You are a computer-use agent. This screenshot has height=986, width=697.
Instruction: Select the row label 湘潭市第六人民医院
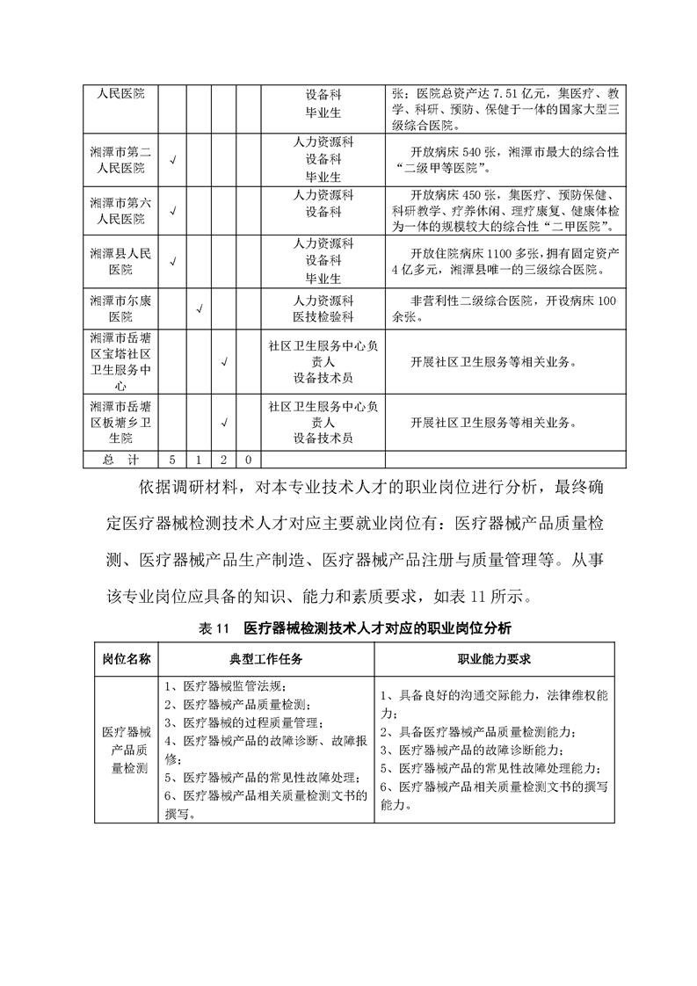pos(121,210)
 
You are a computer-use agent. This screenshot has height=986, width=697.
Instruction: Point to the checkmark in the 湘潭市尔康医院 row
pos(200,308)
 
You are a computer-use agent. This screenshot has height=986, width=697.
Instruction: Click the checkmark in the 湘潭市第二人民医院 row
pos(173,160)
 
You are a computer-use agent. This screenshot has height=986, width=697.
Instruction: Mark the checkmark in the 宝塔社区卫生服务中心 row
pos(225,360)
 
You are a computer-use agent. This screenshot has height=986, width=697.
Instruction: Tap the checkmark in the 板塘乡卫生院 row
pos(225,422)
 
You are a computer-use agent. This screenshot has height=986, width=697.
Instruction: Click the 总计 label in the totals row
pos(120,460)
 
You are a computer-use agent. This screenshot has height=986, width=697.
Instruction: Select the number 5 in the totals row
pos(173,460)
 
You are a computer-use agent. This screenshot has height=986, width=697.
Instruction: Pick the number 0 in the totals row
pos(250,460)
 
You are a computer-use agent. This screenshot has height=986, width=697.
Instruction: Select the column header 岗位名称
pos(127,657)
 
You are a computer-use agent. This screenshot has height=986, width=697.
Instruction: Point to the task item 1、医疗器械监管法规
pos(225,685)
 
